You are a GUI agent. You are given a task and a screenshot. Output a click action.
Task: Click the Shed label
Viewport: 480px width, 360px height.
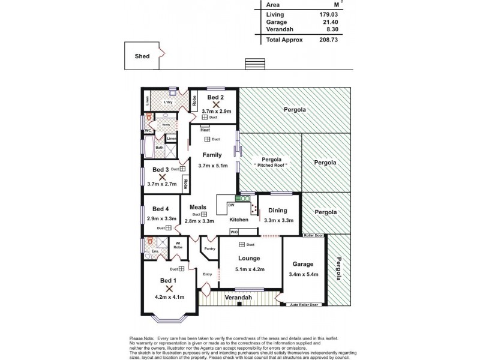coord(142,56)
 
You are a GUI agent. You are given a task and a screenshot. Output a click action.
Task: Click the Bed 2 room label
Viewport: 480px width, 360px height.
coord(215,97)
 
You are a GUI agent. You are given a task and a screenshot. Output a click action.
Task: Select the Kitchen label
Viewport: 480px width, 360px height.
coord(238,220)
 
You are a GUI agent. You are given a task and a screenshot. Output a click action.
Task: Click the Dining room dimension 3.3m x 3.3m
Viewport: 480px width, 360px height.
coord(278,220)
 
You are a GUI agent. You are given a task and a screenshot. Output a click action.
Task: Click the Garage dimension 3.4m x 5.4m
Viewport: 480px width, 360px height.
coord(303,274)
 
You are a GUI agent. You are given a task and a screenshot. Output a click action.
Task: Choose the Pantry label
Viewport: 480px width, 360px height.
coord(210,248)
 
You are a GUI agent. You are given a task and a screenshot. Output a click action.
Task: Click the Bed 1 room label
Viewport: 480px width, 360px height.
coord(168,281)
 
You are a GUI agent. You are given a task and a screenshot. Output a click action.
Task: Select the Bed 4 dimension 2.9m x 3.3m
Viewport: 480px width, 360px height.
coord(160,219)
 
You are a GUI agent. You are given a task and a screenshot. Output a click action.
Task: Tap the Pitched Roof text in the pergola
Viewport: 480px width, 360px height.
coord(271,165)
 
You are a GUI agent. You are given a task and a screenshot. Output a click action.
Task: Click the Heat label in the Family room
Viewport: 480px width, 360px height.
coord(205,130)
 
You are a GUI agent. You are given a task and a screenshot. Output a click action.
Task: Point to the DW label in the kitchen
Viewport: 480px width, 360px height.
coord(231,205)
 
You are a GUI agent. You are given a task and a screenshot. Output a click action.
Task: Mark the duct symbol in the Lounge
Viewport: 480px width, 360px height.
coord(242,244)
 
